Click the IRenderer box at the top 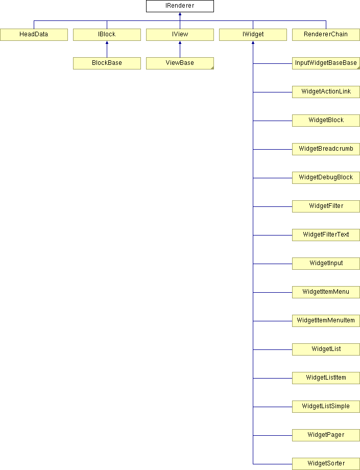tap(180, 6)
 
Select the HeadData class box tap(34, 34)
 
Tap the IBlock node tap(107, 34)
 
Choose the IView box tap(180, 34)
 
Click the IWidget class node tap(253, 34)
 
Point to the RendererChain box tap(326, 34)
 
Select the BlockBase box tap(107, 63)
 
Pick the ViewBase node tap(180, 63)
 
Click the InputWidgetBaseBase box tap(326, 63)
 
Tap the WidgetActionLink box tap(326, 92)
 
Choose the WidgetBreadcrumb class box tap(326, 149)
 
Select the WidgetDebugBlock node tap(326, 178)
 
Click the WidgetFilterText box tap(326, 235)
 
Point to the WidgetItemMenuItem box tap(326, 321)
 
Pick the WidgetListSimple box tap(326, 407)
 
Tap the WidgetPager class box tap(326, 435)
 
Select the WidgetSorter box tap(326, 464)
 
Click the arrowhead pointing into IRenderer tap(180, 13)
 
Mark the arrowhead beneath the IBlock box tap(107, 42)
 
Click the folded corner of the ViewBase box tap(212, 68)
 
